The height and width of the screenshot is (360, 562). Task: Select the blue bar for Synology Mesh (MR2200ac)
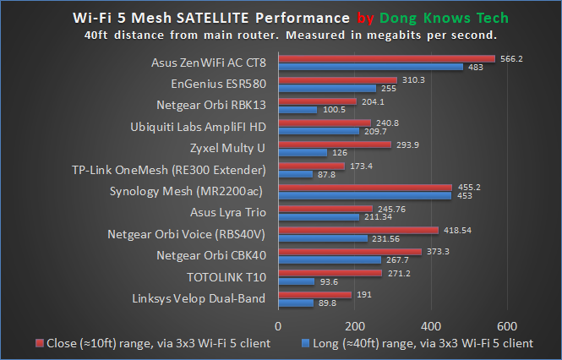coord(364,196)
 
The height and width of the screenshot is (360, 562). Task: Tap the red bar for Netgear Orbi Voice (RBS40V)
coord(358,230)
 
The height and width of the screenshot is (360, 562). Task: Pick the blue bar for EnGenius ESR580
coord(327,87)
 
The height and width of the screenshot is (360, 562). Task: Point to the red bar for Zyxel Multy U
coord(335,145)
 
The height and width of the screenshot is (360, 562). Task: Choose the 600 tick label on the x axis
coord(507,325)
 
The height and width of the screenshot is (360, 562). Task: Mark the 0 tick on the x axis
coord(278,325)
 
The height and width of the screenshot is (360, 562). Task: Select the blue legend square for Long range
coord(307,343)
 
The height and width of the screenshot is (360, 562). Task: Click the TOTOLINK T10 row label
coord(226,276)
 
